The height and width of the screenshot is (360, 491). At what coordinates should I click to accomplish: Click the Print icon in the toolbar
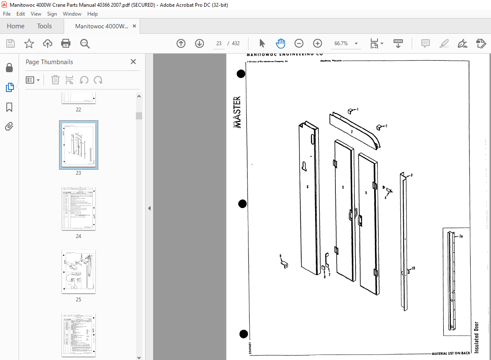pyautogui.click(x=66, y=43)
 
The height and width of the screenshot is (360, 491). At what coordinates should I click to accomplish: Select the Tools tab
pyautogui.click(x=44, y=26)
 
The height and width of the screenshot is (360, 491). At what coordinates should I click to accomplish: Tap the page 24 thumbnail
pyautogui.click(x=78, y=208)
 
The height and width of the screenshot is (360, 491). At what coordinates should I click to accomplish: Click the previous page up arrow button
pyautogui.click(x=181, y=43)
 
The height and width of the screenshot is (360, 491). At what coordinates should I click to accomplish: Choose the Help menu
pyautogui.click(x=92, y=14)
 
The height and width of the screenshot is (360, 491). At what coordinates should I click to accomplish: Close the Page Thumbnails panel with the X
pyautogui.click(x=133, y=62)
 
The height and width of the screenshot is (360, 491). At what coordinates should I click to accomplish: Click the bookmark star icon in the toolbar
pyautogui.click(x=29, y=43)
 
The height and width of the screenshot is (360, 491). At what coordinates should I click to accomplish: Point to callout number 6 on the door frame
pyautogui.click(x=308, y=187)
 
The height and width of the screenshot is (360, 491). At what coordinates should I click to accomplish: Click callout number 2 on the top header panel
pyautogui.click(x=351, y=132)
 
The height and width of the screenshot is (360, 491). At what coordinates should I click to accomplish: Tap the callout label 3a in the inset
pyautogui.click(x=461, y=236)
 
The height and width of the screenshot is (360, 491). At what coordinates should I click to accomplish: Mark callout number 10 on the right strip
pyautogui.click(x=413, y=268)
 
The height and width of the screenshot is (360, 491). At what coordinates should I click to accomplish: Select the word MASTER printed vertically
pyautogui.click(x=237, y=112)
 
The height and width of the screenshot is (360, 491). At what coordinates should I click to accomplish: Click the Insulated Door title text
pyautogui.click(x=477, y=337)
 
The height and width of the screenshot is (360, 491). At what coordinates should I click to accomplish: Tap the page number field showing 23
pyautogui.click(x=219, y=43)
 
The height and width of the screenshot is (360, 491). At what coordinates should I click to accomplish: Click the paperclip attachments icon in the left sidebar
pyautogui.click(x=9, y=126)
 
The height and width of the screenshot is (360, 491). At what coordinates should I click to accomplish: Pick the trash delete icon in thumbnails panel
pyautogui.click(x=55, y=80)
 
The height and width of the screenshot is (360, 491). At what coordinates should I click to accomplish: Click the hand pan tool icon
pyautogui.click(x=281, y=43)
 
